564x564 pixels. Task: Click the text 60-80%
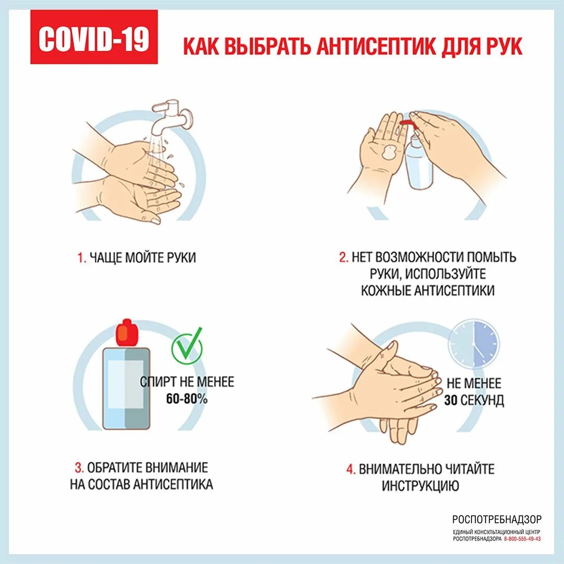[186, 399]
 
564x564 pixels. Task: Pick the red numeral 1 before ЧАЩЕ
[81, 258]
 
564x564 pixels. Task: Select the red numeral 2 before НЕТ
[343, 257]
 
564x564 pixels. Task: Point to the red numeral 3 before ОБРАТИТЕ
[78, 467]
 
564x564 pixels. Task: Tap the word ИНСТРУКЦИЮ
[420, 486]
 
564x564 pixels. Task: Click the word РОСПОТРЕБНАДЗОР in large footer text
[497, 519]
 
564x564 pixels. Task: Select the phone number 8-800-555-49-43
[522, 538]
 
